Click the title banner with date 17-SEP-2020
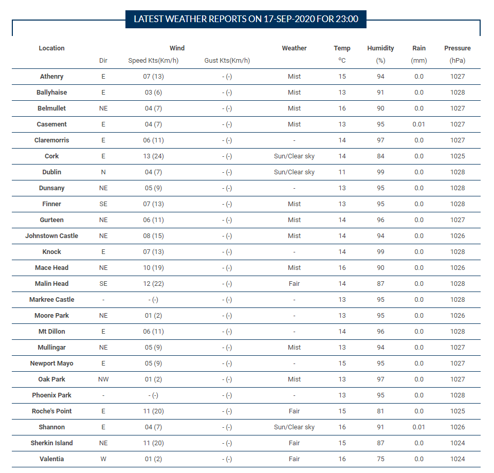pyautogui.click(x=246, y=19)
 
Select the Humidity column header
pyautogui.click(x=380, y=48)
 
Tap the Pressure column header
pyautogui.click(x=458, y=48)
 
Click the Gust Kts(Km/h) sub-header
pyautogui.click(x=227, y=61)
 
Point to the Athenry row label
pyautogui.click(x=52, y=77)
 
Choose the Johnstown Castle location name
pyautogui.click(x=52, y=235)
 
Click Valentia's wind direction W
pyautogui.click(x=103, y=459)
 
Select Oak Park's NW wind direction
pyautogui.click(x=103, y=379)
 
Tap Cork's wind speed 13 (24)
pyautogui.click(x=153, y=156)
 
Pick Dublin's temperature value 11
pyautogui.click(x=342, y=172)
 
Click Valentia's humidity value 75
pyautogui.click(x=380, y=459)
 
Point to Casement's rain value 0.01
pyautogui.click(x=419, y=124)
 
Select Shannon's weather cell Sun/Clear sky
pyautogui.click(x=294, y=427)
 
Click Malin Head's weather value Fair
pyautogui.click(x=294, y=284)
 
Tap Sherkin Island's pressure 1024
pyautogui.click(x=458, y=443)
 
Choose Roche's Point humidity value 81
pyautogui.click(x=380, y=411)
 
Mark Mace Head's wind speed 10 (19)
pyautogui.click(x=153, y=268)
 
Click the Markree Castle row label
pyautogui.click(x=52, y=299)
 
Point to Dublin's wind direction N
pyautogui.click(x=103, y=172)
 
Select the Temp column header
pyautogui.click(x=342, y=48)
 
